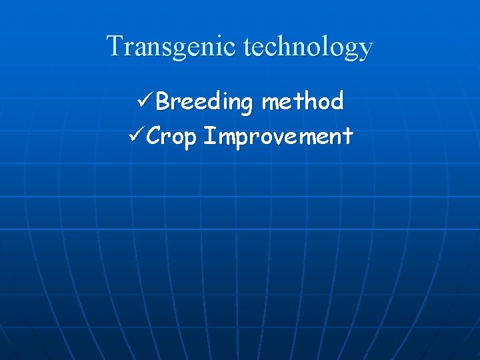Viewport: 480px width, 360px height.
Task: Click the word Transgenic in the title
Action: (173, 47)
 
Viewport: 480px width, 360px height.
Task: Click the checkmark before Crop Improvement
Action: (135, 136)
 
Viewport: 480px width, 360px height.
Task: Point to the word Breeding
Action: (205, 103)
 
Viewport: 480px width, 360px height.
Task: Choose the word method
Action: (303, 101)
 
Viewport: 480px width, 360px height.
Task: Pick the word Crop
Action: (171, 137)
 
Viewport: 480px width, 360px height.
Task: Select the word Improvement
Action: (278, 137)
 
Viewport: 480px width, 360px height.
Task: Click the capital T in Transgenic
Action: (115, 46)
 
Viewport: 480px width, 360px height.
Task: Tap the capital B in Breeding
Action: (163, 101)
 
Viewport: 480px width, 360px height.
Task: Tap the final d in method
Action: (336, 101)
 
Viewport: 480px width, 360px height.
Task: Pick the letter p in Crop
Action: (189, 140)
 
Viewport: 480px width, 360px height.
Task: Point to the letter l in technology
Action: (325, 46)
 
